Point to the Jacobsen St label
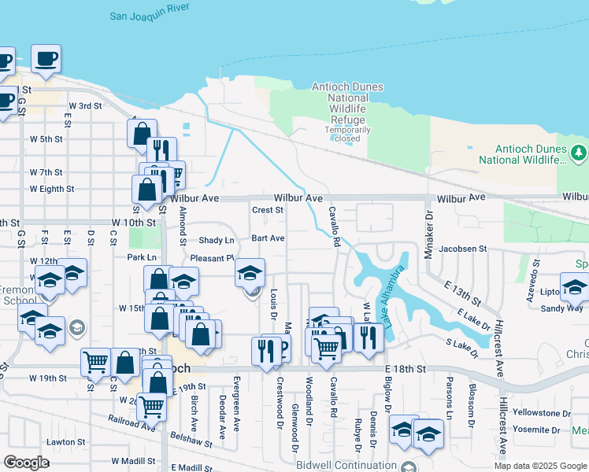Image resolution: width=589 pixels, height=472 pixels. pyautogui.click(x=463, y=249)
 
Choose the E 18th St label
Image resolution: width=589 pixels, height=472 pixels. pyautogui.click(x=406, y=368)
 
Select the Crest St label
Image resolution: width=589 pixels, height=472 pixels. pyautogui.click(x=267, y=210)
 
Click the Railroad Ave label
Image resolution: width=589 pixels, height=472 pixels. pyautogui.click(x=132, y=425)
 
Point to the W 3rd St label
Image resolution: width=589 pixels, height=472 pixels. pyautogui.click(x=85, y=105)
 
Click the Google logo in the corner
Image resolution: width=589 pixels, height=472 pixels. pyautogui.click(x=26, y=463)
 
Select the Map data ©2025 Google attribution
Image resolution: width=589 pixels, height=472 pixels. pyautogui.click(x=539, y=466)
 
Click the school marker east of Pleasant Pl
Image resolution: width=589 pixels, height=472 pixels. pyautogui.click(x=250, y=273)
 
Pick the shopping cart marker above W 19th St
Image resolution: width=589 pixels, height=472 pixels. pyautogui.click(x=95, y=363)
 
